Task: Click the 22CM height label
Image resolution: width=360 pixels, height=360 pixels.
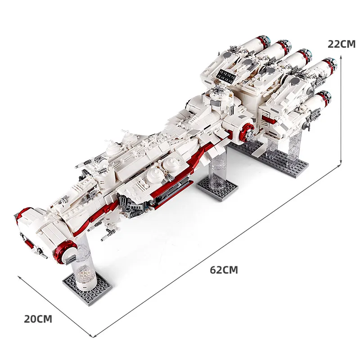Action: (342, 44)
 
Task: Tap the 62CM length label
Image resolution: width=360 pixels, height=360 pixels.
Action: (224, 270)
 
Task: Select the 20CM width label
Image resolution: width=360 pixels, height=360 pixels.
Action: (38, 319)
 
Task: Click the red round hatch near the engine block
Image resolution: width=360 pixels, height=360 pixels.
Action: (247, 130)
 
